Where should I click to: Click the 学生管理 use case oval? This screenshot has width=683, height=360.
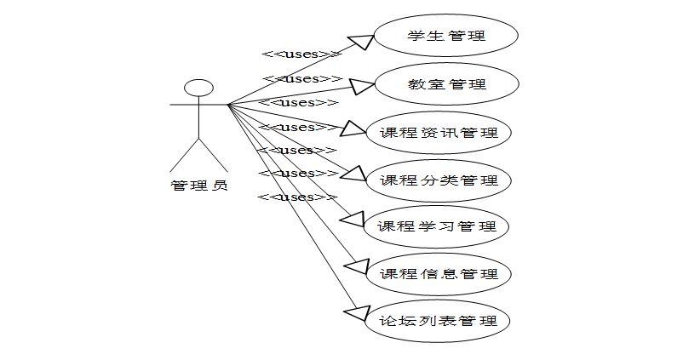click(x=446, y=37)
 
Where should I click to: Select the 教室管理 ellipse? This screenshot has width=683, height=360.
click(x=446, y=84)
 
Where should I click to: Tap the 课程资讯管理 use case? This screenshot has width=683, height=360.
click(x=439, y=132)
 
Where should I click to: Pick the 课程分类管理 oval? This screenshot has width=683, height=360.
click(x=439, y=180)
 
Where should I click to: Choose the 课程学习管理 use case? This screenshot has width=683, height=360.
click(x=437, y=227)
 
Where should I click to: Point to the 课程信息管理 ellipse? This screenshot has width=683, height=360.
click(x=439, y=274)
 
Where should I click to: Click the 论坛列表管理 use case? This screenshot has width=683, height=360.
click(x=439, y=322)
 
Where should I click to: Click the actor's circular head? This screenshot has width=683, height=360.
click(x=199, y=89)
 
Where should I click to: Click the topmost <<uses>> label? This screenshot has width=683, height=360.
click(x=301, y=54)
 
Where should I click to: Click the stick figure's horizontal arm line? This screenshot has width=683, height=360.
click(x=199, y=106)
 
